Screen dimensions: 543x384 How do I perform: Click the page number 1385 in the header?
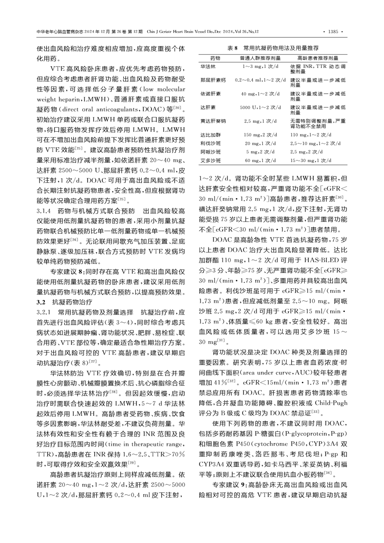(x=333, y=31)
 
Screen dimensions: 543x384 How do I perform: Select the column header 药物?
(x=215, y=58)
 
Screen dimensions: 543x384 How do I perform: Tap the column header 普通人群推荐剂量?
(x=260, y=58)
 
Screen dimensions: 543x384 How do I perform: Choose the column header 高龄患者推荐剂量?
(x=317, y=58)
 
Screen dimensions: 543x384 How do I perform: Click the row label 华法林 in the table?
(x=208, y=67)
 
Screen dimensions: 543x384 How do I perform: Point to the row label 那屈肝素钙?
(x=213, y=80)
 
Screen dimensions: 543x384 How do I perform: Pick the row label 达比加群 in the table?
(x=211, y=135)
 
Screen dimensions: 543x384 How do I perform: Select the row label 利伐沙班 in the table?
(x=211, y=143)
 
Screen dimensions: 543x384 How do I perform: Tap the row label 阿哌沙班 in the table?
(x=211, y=152)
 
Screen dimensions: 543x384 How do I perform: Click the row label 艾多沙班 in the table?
(x=211, y=161)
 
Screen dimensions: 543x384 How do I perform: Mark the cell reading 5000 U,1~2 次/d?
(x=260, y=108)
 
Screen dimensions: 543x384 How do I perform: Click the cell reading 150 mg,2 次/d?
(x=260, y=135)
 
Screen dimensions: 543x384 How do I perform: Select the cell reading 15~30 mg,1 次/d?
(x=311, y=161)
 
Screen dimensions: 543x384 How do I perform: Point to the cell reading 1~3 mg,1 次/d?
(x=260, y=67)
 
